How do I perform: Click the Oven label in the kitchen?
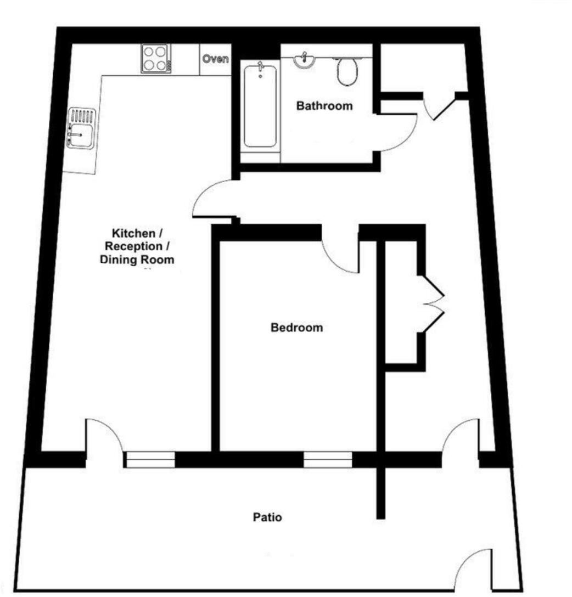click(x=215, y=59)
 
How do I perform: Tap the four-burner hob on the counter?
click(x=156, y=58)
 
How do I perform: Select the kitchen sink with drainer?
click(x=81, y=128)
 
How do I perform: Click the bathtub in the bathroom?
click(x=260, y=106)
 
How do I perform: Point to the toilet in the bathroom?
click(x=347, y=72)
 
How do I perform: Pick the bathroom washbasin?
click(x=302, y=61)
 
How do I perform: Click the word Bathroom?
click(x=324, y=106)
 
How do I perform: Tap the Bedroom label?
click(x=296, y=328)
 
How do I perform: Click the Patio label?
click(x=267, y=517)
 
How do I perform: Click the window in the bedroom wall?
click(x=328, y=459)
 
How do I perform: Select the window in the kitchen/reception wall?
click(x=149, y=459)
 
